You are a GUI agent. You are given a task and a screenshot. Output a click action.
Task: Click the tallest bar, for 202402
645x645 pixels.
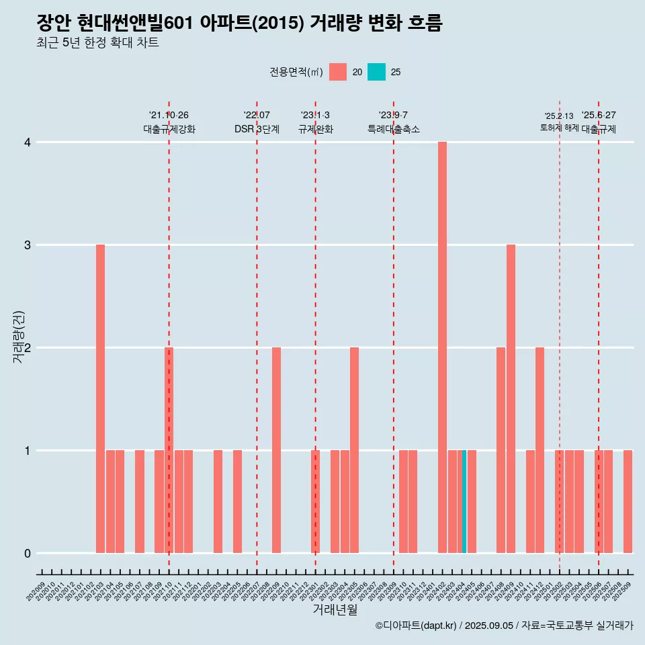pos(442,347)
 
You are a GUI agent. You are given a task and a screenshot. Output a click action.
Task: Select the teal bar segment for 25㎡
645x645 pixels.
pos(464,502)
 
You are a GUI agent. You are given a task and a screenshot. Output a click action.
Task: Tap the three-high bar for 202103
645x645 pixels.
pos(100,398)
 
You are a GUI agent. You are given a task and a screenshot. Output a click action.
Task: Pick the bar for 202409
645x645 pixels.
pos(511,398)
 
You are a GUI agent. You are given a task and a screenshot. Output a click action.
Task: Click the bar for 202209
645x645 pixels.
pos(276,450)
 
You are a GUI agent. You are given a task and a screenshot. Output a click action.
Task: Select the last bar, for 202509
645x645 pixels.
pos(628,502)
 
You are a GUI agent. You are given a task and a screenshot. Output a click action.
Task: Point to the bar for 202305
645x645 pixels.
pos(354,450)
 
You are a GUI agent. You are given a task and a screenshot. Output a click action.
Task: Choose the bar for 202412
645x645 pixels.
pos(540,450)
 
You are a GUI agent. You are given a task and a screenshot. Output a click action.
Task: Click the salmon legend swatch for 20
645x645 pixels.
pos(338,72)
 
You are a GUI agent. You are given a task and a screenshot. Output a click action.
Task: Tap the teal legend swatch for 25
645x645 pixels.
pos(376,72)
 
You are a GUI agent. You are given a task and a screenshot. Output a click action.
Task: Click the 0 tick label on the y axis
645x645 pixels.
pos(28,554)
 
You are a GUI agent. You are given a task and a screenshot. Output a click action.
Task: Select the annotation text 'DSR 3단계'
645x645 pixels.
pos(257,129)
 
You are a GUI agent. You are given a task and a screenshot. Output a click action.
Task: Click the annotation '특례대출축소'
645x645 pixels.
pos(394,129)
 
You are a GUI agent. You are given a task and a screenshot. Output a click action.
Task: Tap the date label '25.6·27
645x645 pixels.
pos(599,115)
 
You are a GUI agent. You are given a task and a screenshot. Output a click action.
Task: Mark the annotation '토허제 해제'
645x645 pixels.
pos(559,128)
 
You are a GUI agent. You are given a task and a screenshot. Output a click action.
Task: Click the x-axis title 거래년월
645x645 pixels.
pos(335,609)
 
